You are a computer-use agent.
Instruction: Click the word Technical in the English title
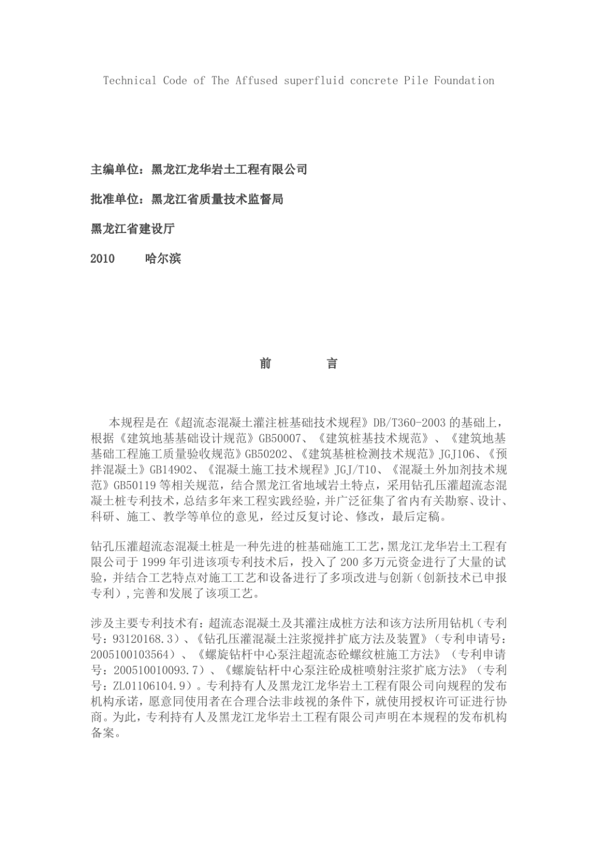click(129, 80)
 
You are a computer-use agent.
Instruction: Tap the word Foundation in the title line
click(464, 80)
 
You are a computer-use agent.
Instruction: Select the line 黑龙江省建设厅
click(133, 229)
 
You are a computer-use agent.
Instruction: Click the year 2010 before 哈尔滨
click(102, 258)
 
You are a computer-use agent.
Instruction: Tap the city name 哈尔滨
click(163, 258)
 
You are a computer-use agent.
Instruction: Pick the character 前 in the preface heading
click(266, 363)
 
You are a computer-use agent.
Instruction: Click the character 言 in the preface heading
click(332, 363)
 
